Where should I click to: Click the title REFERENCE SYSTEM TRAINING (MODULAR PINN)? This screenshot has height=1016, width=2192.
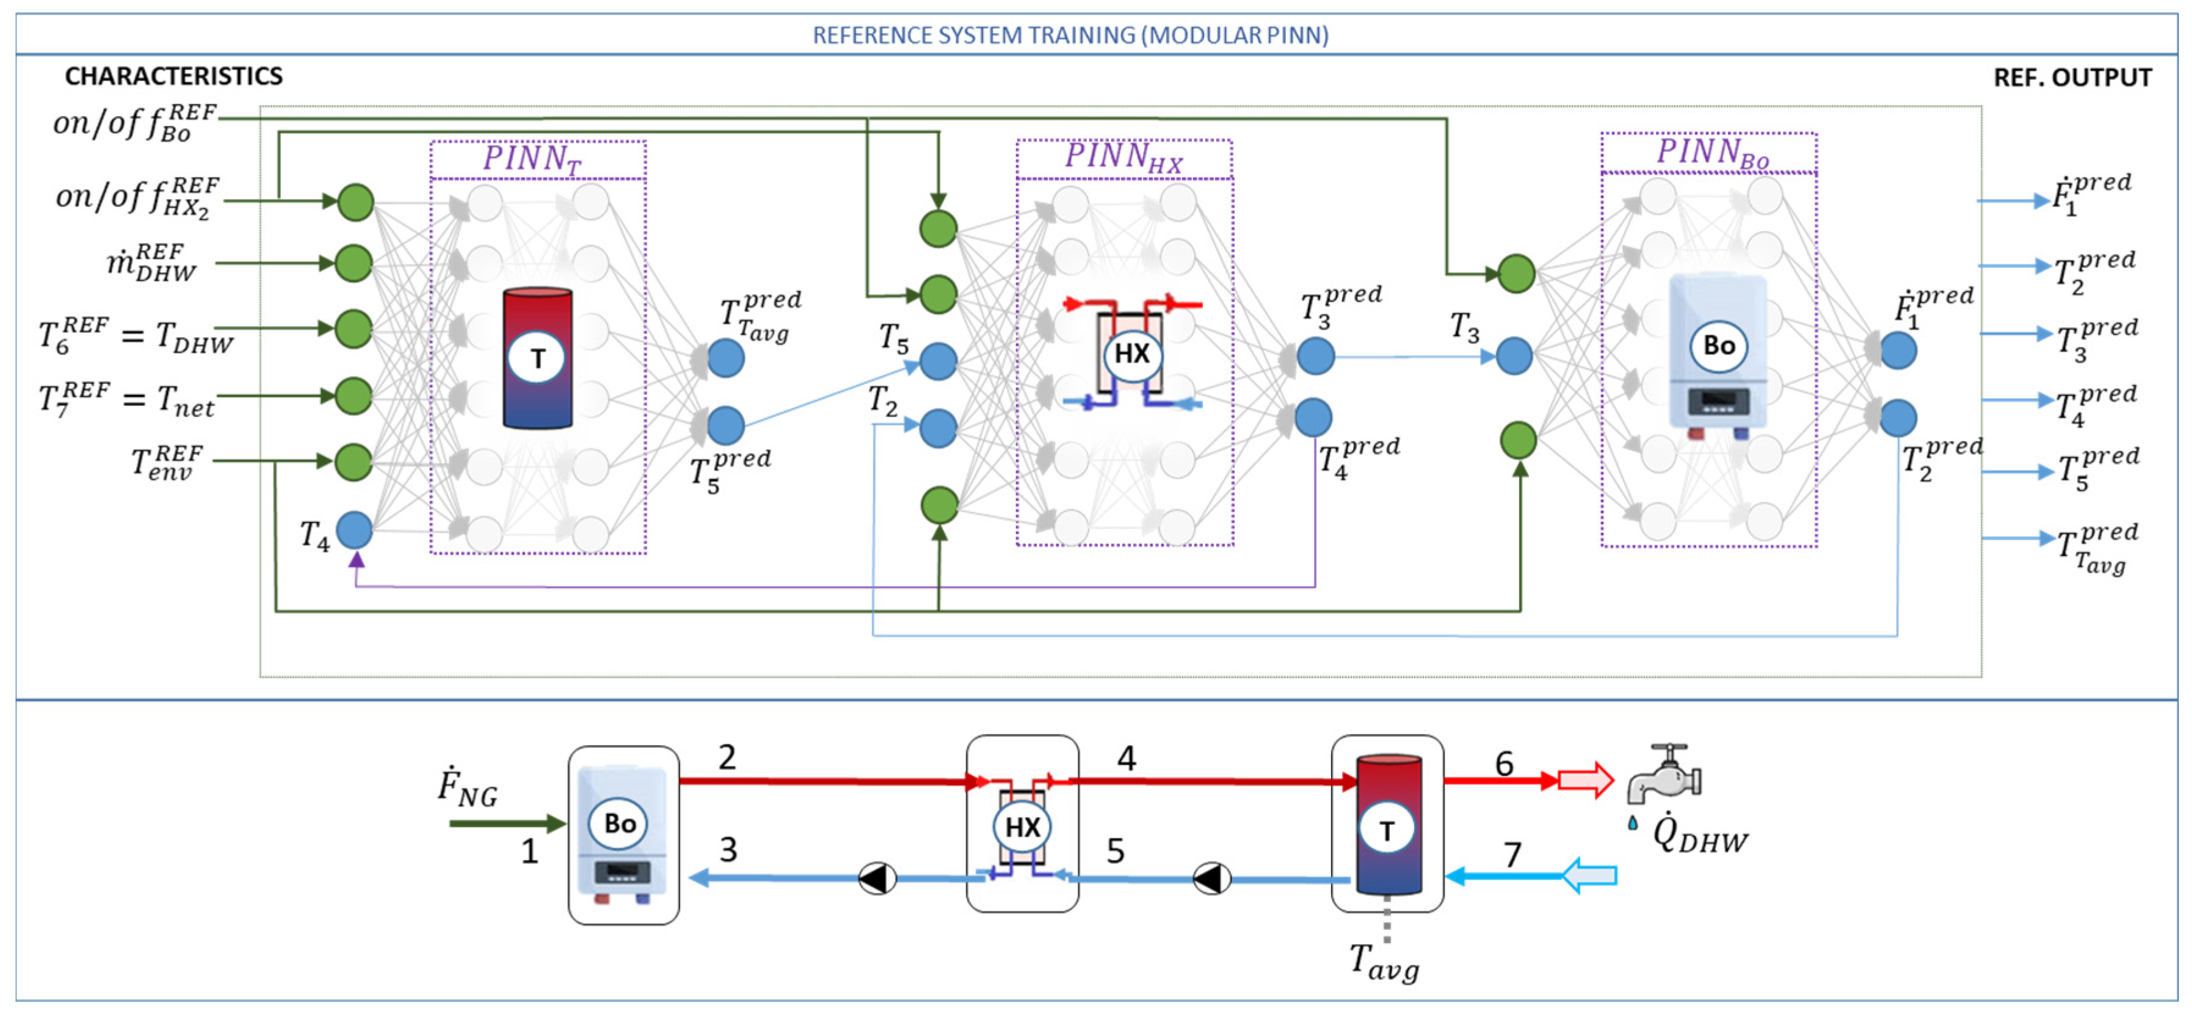click(1070, 35)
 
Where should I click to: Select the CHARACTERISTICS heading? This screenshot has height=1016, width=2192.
click(173, 76)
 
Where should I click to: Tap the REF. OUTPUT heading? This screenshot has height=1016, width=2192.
click(2072, 78)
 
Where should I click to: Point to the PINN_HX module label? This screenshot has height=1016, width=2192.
click(1123, 156)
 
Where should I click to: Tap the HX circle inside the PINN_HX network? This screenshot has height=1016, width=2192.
click(1132, 353)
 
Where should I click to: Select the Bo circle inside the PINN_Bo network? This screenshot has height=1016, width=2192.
click(1719, 346)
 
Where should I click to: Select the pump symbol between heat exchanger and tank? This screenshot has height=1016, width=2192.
click(1212, 879)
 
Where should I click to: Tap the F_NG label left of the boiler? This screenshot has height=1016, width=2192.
click(467, 786)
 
